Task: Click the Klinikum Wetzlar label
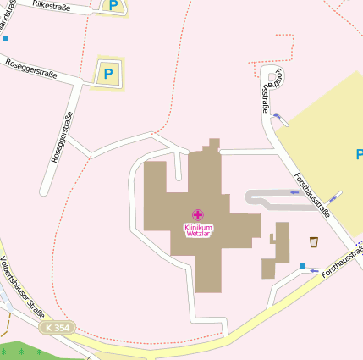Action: [x=198, y=230]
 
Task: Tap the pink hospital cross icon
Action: [x=198, y=215]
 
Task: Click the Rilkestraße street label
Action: [x=51, y=7]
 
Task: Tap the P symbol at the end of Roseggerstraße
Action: [x=107, y=74]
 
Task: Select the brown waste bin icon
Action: [x=314, y=241]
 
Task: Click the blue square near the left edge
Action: [x=6, y=38]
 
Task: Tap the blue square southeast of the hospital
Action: [x=303, y=266]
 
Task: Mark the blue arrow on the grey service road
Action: [x=294, y=192]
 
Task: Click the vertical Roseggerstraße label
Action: [x=62, y=136]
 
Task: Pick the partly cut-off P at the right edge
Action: [x=359, y=154]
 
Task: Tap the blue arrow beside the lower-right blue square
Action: [x=314, y=271]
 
